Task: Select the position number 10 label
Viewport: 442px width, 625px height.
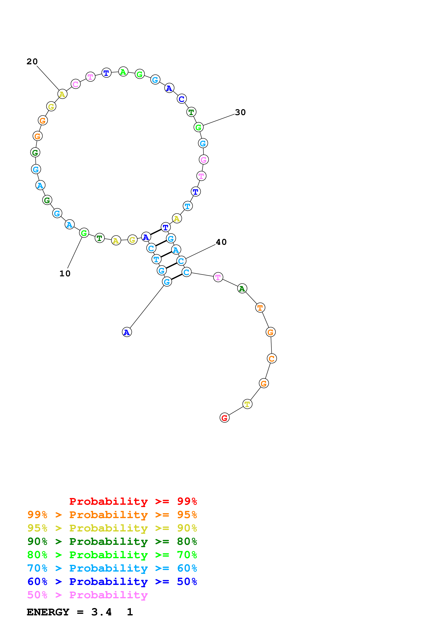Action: (65, 274)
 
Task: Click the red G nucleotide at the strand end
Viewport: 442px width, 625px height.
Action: (224, 418)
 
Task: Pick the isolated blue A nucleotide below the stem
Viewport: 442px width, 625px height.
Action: (127, 332)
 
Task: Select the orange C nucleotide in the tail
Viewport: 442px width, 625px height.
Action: (272, 358)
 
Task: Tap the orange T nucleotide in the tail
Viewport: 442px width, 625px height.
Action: (260, 308)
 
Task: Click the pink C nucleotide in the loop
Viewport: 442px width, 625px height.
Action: (75, 84)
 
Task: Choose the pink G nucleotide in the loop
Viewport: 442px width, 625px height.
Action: (203, 159)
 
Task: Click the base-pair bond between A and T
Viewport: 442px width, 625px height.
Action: (156, 232)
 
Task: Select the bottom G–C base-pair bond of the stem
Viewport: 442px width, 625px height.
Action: (177, 277)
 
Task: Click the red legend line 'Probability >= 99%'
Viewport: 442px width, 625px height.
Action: (133, 501)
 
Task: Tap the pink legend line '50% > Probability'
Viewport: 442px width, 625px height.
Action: (87, 595)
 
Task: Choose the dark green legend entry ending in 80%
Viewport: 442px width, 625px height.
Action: (112, 541)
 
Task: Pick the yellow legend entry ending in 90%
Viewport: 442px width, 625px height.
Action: (112, 528)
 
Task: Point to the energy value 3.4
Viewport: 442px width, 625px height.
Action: (101, 612)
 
